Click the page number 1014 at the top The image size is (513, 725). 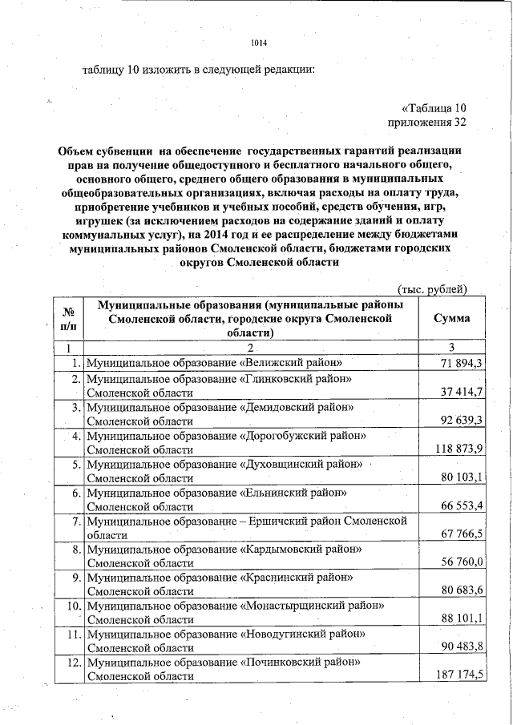click(257, 43)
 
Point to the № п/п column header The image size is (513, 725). click(68, 318)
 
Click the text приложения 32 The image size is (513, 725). click(426, 123)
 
